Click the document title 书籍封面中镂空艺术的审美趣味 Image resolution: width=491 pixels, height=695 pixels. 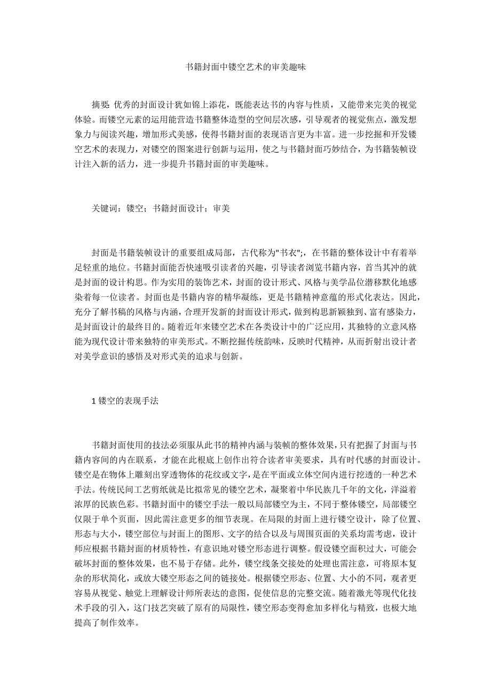(245, 68)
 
